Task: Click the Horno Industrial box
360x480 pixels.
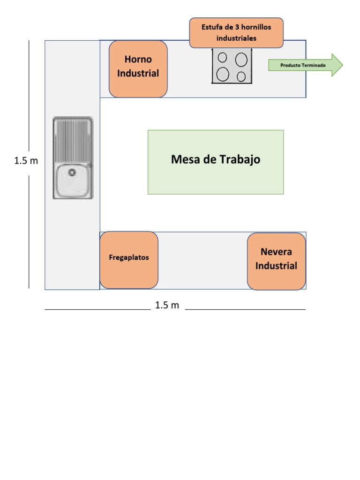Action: pos(138,69)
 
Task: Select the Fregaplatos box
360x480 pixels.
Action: pos(129,260)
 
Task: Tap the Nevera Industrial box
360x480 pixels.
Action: pos(276,261)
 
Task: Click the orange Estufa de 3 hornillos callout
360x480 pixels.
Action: pos(236,33)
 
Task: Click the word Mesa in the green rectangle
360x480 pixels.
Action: pos(185,160)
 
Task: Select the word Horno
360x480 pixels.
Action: pos(138,60)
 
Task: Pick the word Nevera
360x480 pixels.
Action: pos(276,252)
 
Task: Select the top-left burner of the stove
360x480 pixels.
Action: pos(223,58)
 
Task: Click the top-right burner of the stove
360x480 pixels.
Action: pos(241,60)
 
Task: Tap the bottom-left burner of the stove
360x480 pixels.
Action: pos(223,74)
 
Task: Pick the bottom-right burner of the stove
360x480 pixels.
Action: pos(241,76)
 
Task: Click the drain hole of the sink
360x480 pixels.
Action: pos(72,172)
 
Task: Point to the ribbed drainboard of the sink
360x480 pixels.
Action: pos(72,140)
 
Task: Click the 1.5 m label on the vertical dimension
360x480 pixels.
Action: pos(26,161)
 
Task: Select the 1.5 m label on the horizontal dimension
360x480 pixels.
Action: pos(167,306)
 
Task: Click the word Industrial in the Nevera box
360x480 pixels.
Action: pos(276,266)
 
